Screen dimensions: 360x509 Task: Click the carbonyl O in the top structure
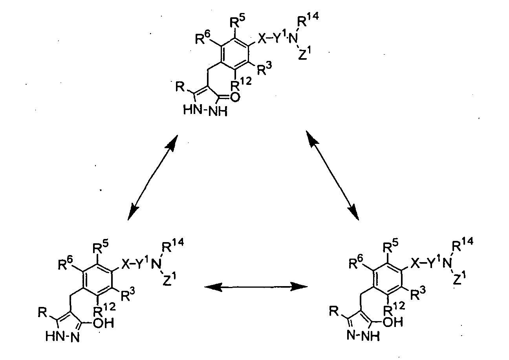(x=235, y=97)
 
